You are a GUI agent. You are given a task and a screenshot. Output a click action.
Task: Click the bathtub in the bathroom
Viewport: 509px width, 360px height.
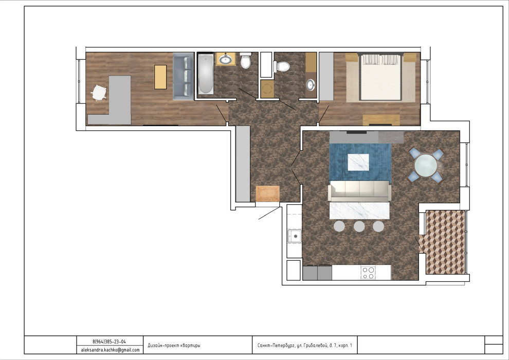point(206,74)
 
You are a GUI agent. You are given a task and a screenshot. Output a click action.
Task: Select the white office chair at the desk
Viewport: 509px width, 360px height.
point(99,93)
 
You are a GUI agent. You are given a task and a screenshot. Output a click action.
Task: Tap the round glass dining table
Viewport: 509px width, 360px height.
point(426,165)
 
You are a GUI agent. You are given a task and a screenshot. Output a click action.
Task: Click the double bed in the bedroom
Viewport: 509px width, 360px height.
point(381,77)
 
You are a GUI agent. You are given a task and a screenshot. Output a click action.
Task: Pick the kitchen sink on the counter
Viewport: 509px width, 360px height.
point(295,236)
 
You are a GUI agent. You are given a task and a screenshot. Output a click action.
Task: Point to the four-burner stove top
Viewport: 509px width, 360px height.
point(369,273)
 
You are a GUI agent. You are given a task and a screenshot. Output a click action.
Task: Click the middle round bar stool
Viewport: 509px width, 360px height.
point(359,226)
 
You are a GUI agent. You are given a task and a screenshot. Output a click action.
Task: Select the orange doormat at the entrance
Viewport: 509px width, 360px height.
point(268,194)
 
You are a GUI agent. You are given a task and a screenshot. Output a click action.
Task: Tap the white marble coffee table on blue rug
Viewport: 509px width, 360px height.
point(358,163)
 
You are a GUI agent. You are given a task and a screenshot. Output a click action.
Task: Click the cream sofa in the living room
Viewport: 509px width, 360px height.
point(360,191)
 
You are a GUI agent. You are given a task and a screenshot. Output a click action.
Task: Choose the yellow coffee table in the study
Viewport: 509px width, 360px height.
point(160,77)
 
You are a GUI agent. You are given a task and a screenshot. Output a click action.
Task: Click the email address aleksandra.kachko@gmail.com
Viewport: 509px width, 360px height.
point(110,350)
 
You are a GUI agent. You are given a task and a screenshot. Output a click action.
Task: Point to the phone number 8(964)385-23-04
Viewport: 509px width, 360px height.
point(109,341)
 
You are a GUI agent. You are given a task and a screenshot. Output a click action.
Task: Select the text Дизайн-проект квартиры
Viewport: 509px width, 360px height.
point(174,346)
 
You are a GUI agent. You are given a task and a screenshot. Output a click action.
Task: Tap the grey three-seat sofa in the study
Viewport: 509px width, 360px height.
point(184,76)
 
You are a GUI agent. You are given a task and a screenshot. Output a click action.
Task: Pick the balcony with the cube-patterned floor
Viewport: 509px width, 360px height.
point(445,242)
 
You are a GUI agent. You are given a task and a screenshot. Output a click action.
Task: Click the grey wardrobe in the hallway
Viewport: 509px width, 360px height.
point(243,164)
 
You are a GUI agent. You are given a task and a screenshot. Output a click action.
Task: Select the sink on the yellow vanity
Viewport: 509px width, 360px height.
point(225,60)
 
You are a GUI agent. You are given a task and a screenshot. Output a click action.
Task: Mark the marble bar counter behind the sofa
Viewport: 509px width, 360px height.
point(359,210)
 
